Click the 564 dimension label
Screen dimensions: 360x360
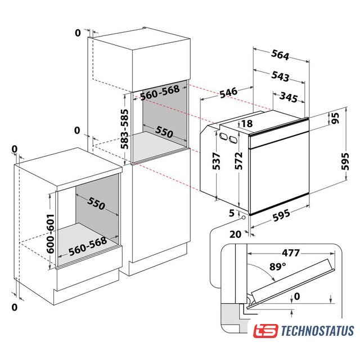pos(280,55)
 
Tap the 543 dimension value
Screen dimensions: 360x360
pos(280,76)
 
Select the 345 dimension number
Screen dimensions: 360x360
pos(289,97)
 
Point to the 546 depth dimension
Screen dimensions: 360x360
pos(228,92)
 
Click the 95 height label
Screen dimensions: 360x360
pos(335,118)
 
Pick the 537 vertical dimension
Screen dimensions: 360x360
pos(216,161)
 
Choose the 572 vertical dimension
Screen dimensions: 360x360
pos(238,161)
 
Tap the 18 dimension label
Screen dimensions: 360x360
pos(247,124)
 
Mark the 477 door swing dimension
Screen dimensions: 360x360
pos(291,253)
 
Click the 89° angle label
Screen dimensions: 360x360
pos(278,267)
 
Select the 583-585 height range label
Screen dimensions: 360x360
pos(125,129)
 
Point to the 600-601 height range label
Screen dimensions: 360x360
pos(50,234)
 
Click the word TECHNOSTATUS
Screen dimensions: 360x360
pos(317,331)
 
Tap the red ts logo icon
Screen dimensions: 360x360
pos(265,331)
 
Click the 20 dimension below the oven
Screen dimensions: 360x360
pos(236,234)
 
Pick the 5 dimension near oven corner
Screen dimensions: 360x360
pos(232,213)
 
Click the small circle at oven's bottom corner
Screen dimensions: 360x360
pos(243,218)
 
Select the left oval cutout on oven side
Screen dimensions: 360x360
pos(223,136)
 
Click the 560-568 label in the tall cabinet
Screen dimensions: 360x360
pos(160,92)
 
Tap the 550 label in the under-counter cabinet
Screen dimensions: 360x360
pos(96,202)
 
